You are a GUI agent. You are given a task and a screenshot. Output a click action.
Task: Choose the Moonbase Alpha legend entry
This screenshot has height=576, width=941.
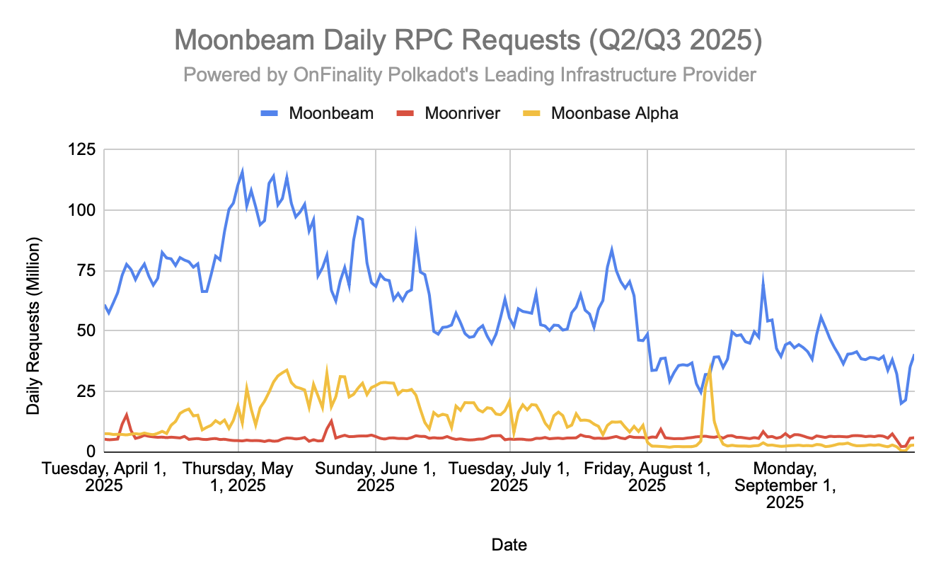[x=614, y=113]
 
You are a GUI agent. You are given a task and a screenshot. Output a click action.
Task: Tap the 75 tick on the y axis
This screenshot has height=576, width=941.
[x=86, y=270]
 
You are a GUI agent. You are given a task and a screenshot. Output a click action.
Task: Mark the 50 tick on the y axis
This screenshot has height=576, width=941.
[x=86, y=330]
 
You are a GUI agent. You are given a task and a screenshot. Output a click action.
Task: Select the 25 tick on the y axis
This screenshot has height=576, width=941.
[x=86, y=391]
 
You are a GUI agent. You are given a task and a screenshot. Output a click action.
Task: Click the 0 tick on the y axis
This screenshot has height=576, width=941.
[x=90, y=451]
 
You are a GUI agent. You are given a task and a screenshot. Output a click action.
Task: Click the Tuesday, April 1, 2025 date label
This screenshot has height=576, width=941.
[x=105, y=477]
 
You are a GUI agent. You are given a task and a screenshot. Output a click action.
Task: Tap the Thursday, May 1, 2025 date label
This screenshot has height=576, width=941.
[x=238, y=477]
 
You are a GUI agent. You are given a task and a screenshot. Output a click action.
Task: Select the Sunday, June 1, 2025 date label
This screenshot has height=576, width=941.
[x=375, y=477]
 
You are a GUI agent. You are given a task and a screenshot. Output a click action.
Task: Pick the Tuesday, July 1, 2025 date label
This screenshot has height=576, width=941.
[x=509, y=477]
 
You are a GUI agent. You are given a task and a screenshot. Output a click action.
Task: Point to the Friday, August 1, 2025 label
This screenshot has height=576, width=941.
[x=647, y=477]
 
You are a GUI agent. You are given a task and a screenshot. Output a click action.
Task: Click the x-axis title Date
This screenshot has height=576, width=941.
[x=509, y=544]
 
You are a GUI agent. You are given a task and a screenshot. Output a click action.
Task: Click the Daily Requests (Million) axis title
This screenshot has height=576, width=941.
[x=33, y=326]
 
